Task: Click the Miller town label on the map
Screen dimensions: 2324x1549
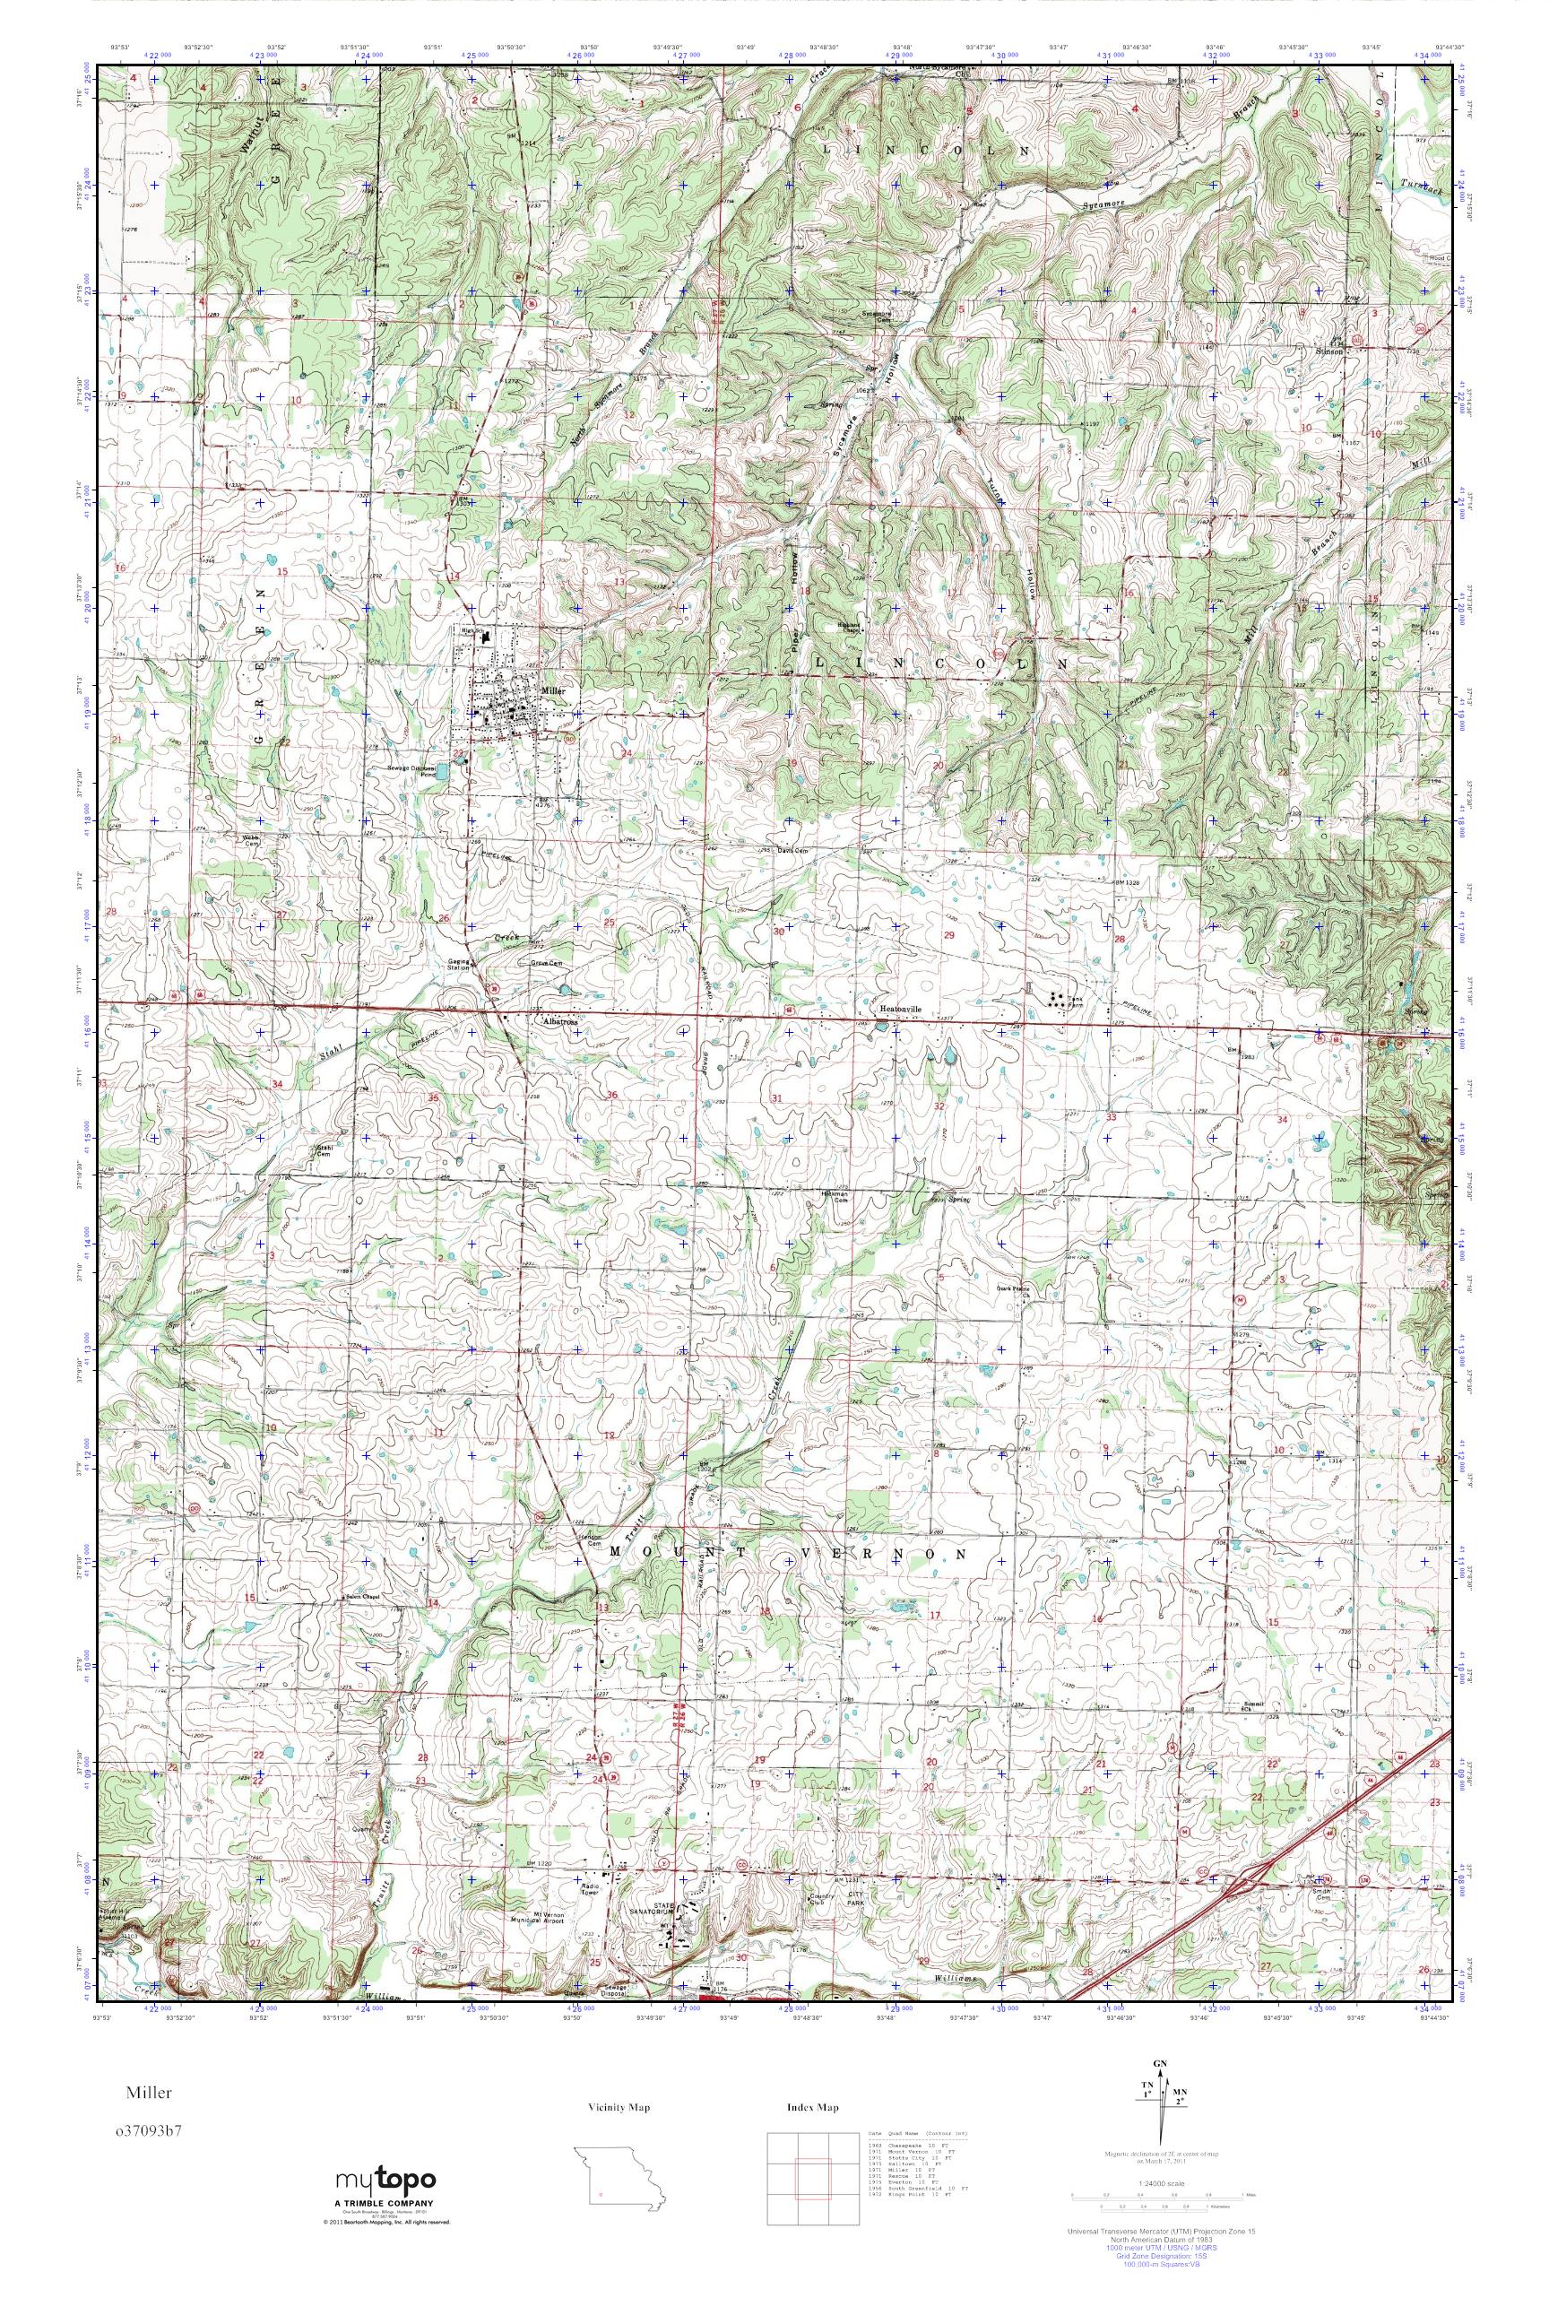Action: [553, 691]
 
